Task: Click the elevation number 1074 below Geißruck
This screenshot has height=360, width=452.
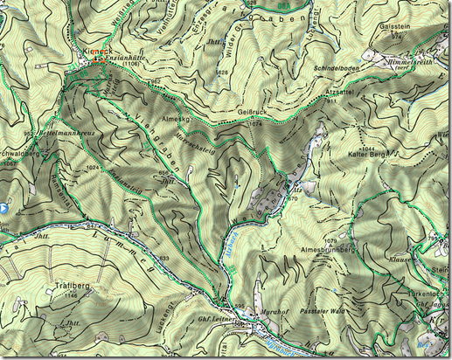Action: pyautogui.click(x=255, y=124)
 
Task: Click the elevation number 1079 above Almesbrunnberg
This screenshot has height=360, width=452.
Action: pyautogui.click(x=330, y=239)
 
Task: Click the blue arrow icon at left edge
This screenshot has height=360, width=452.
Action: pyautogui.click(x=4, y=210)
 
